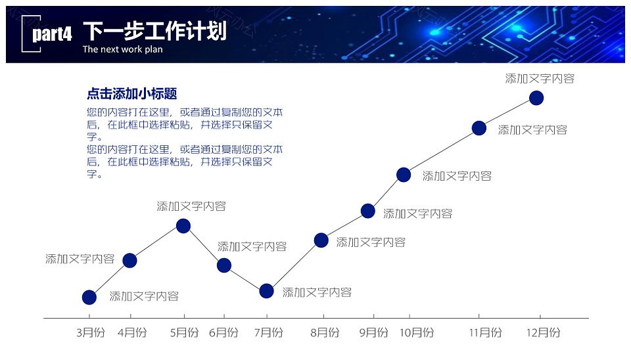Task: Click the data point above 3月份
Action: [89, 297]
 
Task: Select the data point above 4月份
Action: [129, 261]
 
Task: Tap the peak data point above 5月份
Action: [183, 226]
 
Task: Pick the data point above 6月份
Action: [224, 265]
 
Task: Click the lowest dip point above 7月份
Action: [266, 291]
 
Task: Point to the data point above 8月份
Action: [321, 240]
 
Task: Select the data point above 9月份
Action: [368, 211]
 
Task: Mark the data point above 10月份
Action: [404, 175]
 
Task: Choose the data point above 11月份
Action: [479, 128]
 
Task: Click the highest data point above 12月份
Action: [536, 98]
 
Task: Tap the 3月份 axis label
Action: [91, 332]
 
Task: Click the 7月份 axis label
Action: [269, 332]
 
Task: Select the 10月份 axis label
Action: [417, 332]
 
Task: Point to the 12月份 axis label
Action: [544, 332]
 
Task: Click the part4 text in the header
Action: [53, 34]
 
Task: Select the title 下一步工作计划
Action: [155, 31]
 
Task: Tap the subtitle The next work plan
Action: [123, 49]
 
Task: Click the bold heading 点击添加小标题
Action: [132, 94]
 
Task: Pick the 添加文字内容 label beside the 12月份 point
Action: [540, 78]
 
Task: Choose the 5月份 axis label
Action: [185, 332]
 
